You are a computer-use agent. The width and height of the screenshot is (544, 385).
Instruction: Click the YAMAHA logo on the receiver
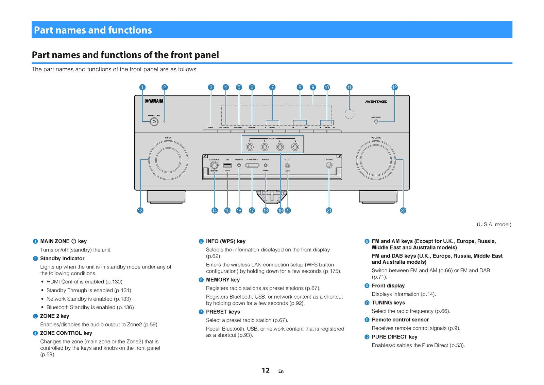coord(154,101)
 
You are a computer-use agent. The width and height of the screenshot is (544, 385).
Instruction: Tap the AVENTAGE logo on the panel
coord(376,102)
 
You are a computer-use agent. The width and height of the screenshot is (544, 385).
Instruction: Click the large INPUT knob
coord(168,160)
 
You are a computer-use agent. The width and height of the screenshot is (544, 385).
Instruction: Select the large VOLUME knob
coord(376,160)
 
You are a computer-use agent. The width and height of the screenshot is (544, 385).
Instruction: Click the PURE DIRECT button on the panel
coord(376,122)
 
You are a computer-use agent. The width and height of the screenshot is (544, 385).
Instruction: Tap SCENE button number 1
coord(250,147)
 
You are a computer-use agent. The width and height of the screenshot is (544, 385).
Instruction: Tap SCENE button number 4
coord(295,147)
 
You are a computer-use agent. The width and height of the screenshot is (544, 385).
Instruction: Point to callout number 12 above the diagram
coord(394,87)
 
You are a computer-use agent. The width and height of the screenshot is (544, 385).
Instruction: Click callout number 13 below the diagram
coord(140,211)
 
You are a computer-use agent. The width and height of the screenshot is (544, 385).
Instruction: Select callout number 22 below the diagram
coord(403,211)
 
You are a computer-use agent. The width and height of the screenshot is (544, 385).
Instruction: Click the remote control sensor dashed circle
coord(350,114)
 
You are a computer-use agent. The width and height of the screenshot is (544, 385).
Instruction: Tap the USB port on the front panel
coord(227,165)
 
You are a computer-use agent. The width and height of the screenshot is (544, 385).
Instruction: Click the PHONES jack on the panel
coord(214,165)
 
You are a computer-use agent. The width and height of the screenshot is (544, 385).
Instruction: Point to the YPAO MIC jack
coord(329,165)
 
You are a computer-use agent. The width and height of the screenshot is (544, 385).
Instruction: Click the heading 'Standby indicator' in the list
coord(62,259)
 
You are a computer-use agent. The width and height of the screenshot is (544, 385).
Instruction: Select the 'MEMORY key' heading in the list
coord(223,280)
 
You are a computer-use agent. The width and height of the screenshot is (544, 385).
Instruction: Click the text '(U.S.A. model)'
coord(494,224)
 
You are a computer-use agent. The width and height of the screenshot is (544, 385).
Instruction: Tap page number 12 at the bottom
coord(266,370)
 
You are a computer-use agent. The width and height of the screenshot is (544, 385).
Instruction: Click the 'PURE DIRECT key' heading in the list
coord(394,337)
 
